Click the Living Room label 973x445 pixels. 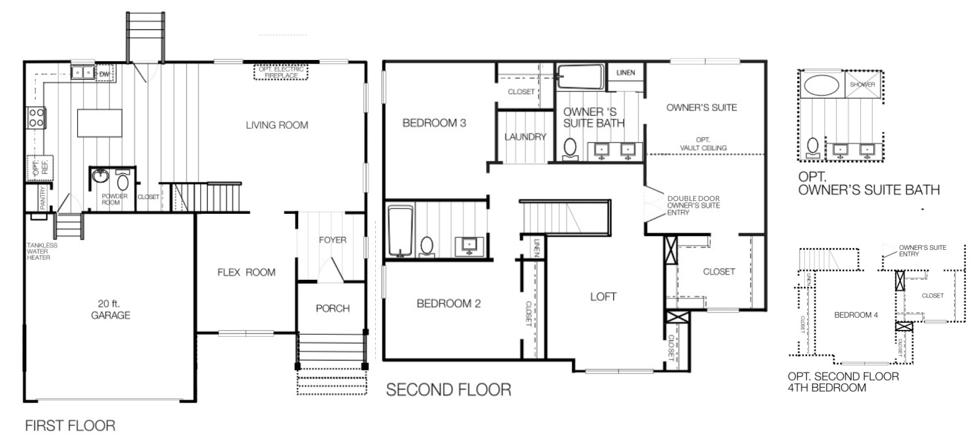[x=277, y=125]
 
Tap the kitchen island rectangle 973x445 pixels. [x=100, y=123]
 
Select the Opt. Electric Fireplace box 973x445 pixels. [x=281, y=73]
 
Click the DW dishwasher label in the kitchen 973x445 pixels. [x=104, y=74]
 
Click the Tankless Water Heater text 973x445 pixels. [x=42, y=251]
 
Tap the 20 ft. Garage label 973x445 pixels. [x=110, y=309]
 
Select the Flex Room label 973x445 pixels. [x=246, y=272]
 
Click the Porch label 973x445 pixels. [x=332, y=309]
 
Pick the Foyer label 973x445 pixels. [x=332, y=240]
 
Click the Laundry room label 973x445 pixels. [x=525, y=137]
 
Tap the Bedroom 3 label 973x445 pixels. [x=434, y=123]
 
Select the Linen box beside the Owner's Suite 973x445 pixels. [x=625, y=73]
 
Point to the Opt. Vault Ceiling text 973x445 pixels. [x=703, y=144]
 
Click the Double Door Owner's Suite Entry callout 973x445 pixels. [x=693, y=205]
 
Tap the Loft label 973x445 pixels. [x=603, y=297]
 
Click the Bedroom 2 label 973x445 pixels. [x=449, y=304]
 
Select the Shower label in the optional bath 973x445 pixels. [x=862, y=85]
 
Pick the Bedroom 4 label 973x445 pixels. [x=856, y=315]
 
